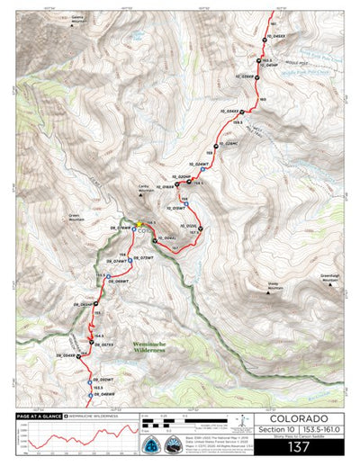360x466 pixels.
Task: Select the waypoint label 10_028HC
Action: click(227, 143)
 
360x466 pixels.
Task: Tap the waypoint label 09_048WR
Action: click(103, 395)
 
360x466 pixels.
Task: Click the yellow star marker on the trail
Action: click(139, 224)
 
